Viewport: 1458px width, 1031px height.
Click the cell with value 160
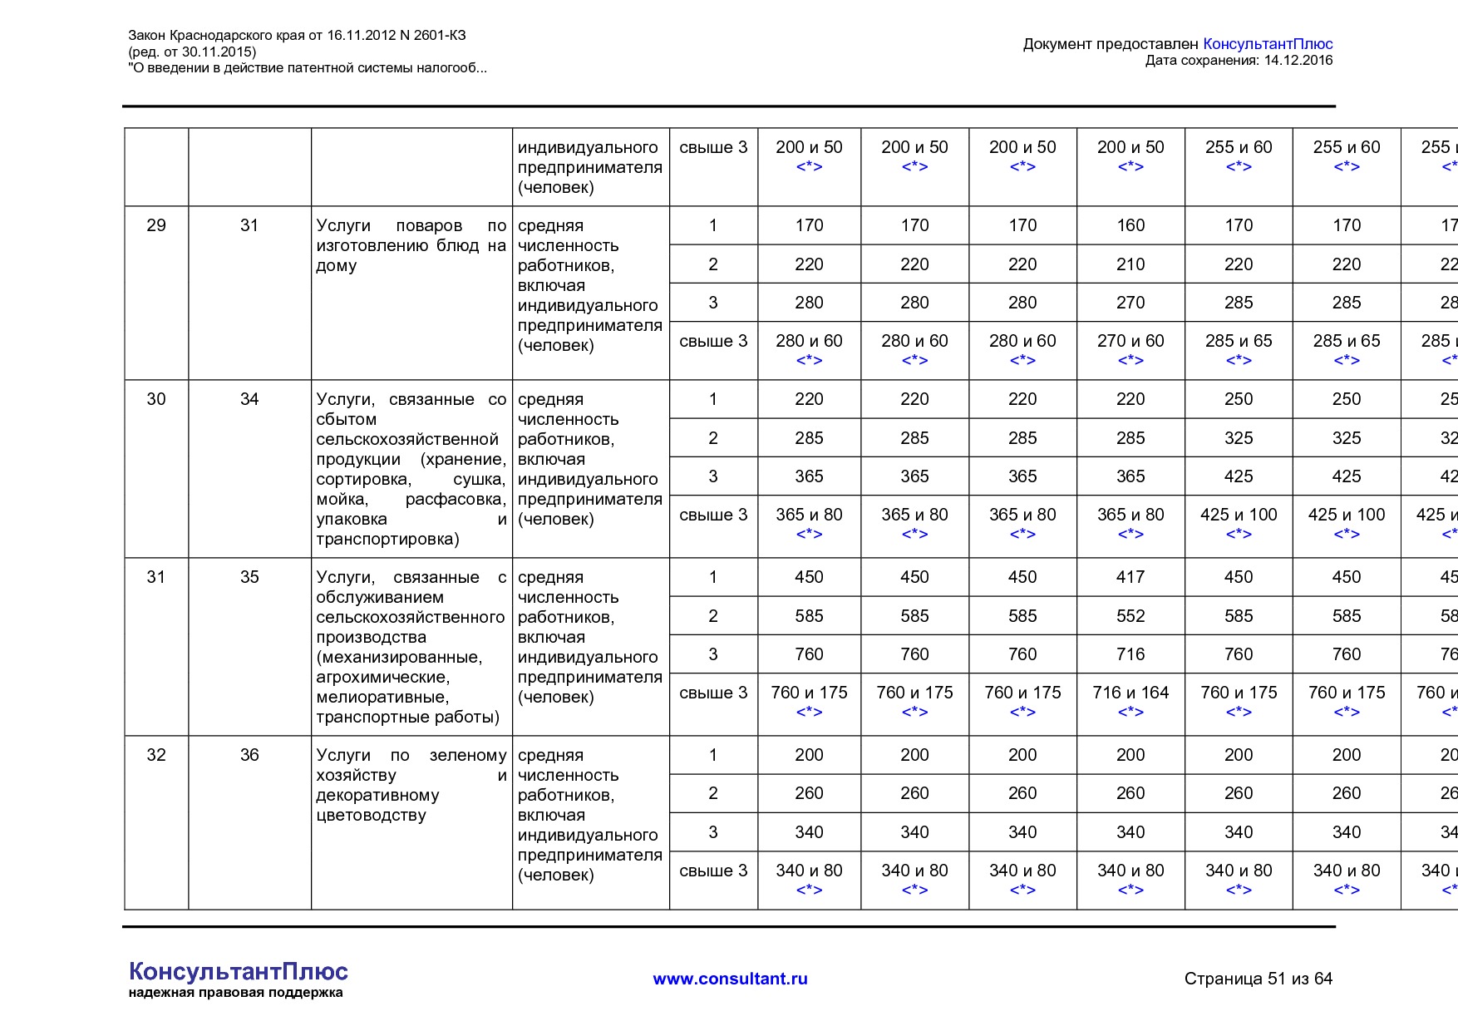point(1130,225)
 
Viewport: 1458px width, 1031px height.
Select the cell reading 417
point(1130,577)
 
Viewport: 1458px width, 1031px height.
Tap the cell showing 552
point(1130,616)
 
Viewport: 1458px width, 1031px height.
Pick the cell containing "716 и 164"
point(1130,693)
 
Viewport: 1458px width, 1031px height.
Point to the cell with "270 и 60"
point(1130,341)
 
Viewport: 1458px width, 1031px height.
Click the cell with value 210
point(1130,264)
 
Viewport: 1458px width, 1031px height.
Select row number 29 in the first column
point(156,225)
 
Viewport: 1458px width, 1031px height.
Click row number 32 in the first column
point(156,755)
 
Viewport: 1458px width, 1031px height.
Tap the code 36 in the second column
point(249,755)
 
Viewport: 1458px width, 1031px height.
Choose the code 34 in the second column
point(249,399)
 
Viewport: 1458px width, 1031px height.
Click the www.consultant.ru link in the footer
point(730,979)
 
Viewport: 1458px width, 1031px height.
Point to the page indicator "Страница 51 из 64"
point(1258,979)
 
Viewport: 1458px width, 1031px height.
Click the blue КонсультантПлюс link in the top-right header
point(1268,44)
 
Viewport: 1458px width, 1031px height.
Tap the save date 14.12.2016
point(1298,60)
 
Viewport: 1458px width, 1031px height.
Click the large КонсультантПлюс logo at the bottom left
point(239,971)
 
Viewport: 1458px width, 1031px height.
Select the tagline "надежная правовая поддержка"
point(235,993)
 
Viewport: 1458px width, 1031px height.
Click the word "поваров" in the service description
point(429,225)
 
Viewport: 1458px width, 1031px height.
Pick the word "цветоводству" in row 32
point(371,815)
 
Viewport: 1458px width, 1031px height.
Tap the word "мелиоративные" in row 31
point(382,697)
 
